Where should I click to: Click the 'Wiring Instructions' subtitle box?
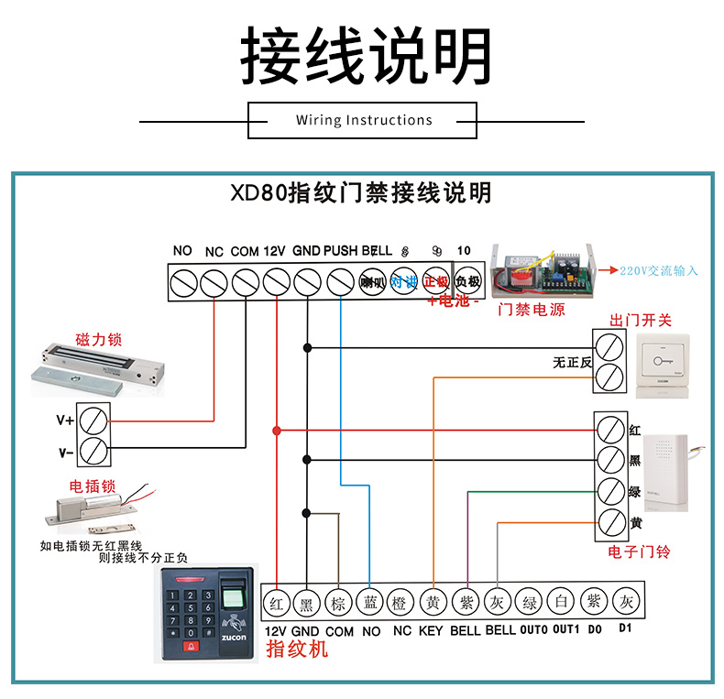(363, 120)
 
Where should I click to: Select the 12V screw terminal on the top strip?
(276, 281)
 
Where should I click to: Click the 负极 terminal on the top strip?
(467, 281)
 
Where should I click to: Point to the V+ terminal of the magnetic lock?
(92, 421)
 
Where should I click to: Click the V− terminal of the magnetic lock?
(92, 452)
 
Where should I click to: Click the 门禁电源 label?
(531, 310)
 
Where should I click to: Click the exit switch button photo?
(662, 365)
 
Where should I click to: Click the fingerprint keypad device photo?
(209, 612)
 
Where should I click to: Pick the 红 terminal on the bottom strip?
(276, 602)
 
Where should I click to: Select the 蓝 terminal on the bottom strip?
(370, 602)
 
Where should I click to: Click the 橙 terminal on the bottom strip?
(401, 602)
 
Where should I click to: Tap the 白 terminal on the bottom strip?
(560, 602)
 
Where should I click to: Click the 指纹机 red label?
(296, 650)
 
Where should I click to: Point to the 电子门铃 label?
(640, 552)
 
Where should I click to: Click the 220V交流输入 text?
(659, 270)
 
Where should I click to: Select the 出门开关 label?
(641, 320)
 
